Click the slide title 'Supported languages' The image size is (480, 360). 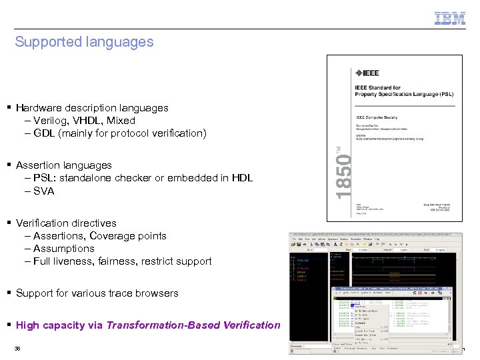[x=84, y=42]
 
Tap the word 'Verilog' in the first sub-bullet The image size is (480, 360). [x=50, y=121]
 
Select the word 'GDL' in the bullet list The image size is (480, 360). [x=45, y=133]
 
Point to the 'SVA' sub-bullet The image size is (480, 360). [x=43, y=191]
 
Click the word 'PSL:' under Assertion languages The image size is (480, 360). [x=45, y=178]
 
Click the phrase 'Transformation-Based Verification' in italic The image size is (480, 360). [x=193, y=325]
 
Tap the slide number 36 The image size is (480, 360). [x=17, y=349]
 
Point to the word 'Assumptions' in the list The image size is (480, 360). [x=64, y=249]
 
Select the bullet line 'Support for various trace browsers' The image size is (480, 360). [x=97, y=293]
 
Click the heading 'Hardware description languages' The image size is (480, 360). [x=92, y=108]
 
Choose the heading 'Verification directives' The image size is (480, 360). [x=66, y=223]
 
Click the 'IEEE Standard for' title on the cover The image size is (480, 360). [x=377, y=87]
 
